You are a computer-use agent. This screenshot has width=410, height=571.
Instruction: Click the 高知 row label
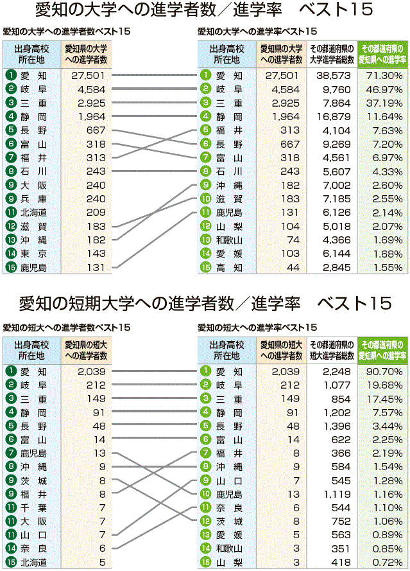pos(228,267)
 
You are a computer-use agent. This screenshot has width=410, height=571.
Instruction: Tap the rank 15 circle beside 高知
pos(205,267)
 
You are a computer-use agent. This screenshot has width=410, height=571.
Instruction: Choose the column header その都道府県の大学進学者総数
pos(331,54)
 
